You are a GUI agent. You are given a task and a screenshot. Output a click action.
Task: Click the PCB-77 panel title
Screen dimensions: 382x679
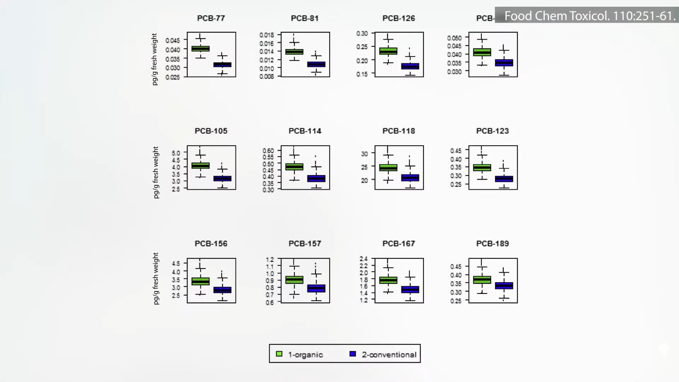(211, 18)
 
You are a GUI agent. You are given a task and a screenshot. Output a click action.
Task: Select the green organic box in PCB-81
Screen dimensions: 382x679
(294, 52)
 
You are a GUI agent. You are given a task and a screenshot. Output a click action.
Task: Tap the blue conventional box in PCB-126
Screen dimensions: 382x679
(410, 66)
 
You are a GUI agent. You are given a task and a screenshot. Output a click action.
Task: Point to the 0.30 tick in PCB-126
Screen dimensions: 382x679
(362, 34)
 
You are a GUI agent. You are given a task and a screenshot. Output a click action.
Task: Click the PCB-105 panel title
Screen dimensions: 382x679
(211, 131)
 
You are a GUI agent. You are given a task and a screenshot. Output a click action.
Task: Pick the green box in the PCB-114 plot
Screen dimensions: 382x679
(294, 167)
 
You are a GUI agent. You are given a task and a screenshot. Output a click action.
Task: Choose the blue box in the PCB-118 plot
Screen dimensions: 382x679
(410, 178)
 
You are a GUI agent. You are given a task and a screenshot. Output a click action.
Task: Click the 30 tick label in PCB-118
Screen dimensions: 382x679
(364, 154)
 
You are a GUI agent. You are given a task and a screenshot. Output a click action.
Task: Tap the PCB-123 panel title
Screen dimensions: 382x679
(492, 131)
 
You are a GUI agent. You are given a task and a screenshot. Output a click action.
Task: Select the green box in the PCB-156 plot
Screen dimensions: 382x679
(201, 281)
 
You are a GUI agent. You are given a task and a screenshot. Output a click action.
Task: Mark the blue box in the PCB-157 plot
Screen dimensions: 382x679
(316, 288)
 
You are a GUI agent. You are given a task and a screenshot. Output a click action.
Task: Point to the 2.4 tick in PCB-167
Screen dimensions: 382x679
(364, 259)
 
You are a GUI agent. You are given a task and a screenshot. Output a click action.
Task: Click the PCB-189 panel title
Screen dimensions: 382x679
(492, 244)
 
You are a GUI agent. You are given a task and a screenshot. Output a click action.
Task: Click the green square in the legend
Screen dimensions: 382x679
(279, 354)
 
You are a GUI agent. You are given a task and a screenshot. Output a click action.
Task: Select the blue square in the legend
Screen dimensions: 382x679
(353, 354)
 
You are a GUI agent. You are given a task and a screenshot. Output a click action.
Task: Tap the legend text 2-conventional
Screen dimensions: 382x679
(389, 354)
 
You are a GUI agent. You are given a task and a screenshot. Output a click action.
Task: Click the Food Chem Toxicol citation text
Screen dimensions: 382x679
(589, 16)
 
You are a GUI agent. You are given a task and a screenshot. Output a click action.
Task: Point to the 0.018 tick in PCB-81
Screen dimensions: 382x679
(267, 35)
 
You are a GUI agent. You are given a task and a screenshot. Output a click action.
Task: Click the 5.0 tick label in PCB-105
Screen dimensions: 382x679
(176, 153)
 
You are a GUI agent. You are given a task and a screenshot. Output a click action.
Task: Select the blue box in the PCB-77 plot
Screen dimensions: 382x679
(222, 65)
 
